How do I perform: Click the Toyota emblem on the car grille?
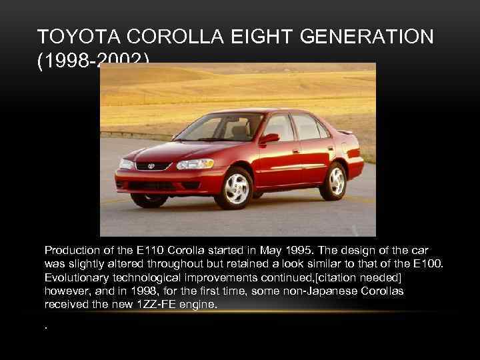151,166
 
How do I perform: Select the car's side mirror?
269,139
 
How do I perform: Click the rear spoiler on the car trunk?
344,132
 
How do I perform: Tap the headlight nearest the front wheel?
190,165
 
